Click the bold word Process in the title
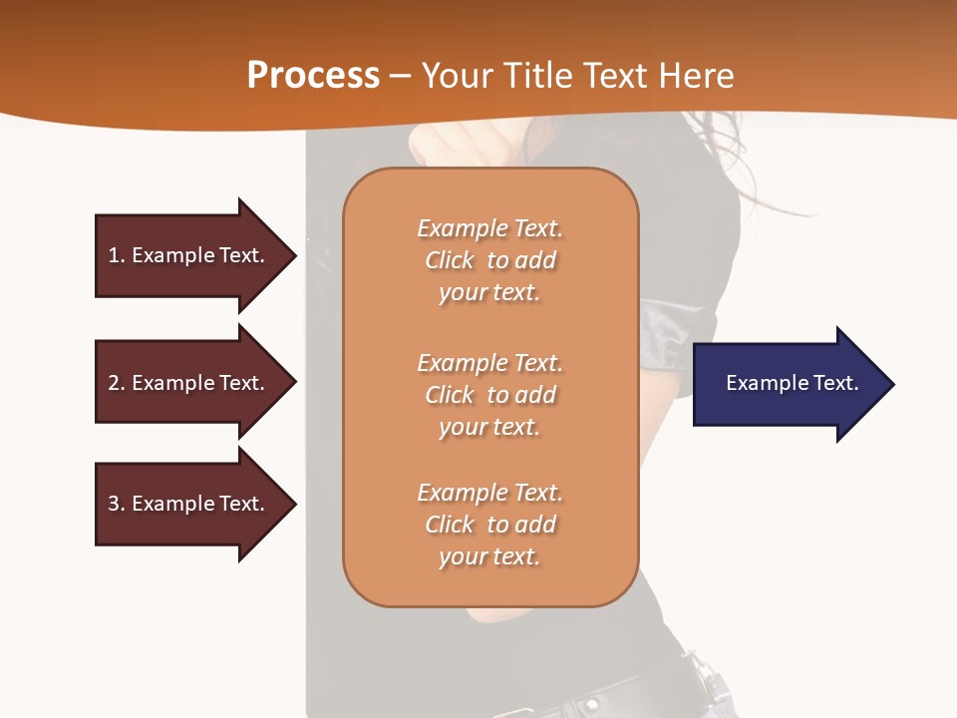coord(313,76)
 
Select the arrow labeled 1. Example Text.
coord(189,255)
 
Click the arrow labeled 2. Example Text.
coord(189,383)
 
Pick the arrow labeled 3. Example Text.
coord(189,504)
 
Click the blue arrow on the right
coord(788,384)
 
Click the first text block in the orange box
coord(489,260)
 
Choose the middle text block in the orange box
coord(489,395)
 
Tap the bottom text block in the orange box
coord(489,525)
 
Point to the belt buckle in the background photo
coord(710,688)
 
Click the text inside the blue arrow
coord(792,383)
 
